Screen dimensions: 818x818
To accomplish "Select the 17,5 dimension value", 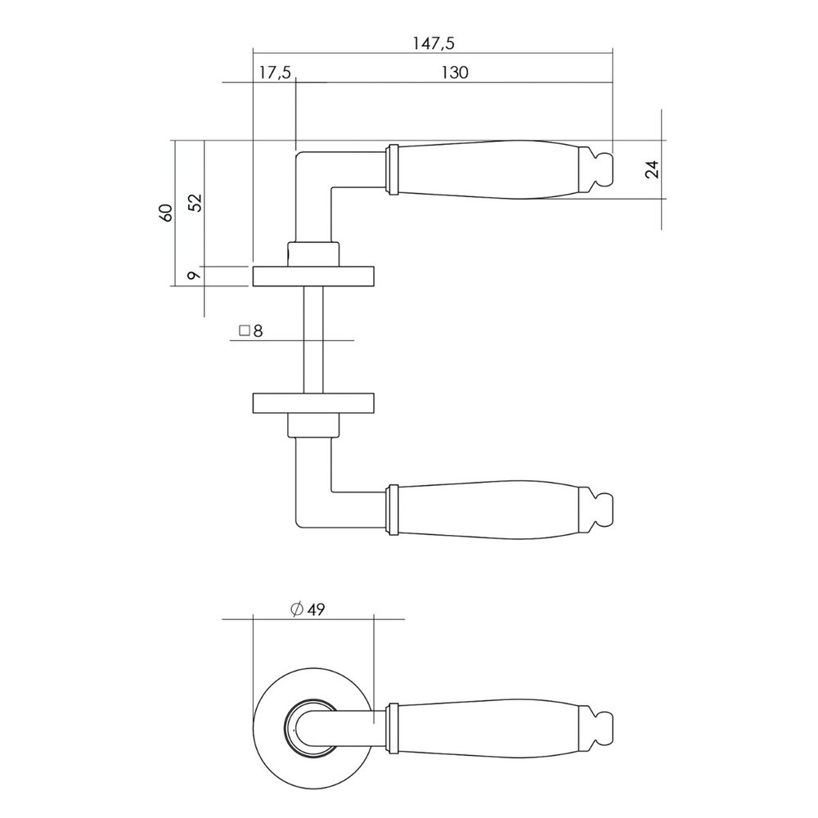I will (x=275, y=72).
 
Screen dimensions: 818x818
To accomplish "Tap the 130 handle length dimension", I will (x=454, y=72).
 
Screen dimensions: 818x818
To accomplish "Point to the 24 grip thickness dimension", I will (x=651, y=169).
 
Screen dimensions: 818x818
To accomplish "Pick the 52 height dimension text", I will (x=194, y=203).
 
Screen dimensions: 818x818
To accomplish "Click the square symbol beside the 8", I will (x=243, y=331).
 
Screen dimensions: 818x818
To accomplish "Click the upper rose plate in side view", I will (x=313, y=276).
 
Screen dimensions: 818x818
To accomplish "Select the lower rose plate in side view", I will (x=313, y=403).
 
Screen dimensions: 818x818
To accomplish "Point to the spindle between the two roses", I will (x=313, y=339).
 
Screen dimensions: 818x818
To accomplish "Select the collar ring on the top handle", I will (x=392, y=170).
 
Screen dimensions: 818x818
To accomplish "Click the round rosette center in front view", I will (x=313, y=725).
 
